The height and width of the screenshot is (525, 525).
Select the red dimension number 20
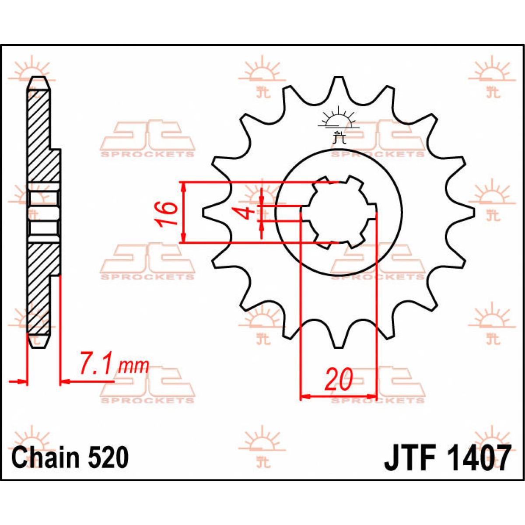pos(338,379)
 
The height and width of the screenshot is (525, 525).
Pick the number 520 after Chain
pos(108,457)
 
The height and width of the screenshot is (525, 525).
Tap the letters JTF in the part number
pos(411,458)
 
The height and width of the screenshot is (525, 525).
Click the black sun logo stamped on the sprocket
pos(337,126)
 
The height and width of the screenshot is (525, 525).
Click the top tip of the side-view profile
pos(38,80)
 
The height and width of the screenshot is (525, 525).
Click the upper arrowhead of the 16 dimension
pos(184,186)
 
